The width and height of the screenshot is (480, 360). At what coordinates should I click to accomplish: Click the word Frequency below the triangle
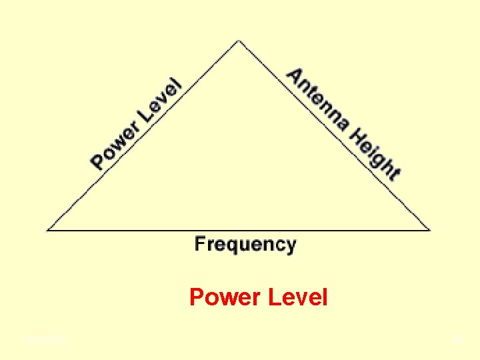(x=245, y=245)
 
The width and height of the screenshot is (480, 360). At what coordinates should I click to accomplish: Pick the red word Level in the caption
(x=297, y=297)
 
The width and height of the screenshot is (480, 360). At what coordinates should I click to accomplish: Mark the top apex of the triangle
(x=239, y=41)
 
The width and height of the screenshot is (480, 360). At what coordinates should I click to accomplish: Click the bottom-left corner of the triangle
(x=48, y=229)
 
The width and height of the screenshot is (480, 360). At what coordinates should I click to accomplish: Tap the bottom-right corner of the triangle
(x=430, y=229)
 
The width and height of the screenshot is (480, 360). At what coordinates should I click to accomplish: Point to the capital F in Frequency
(x=199, y=243)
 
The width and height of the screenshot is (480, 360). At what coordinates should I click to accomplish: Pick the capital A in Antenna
(x=294, y=77)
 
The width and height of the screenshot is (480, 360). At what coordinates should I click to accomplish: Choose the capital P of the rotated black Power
(x=99, y=161)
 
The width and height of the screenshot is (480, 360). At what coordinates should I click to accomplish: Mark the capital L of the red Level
(x=273, y=297)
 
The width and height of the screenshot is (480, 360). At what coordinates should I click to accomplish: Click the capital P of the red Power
(x=197, y=297)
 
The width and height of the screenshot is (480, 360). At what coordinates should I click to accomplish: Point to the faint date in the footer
(x=44, y=341)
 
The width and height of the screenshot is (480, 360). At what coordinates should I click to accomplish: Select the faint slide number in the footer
(x=458, y=341)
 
